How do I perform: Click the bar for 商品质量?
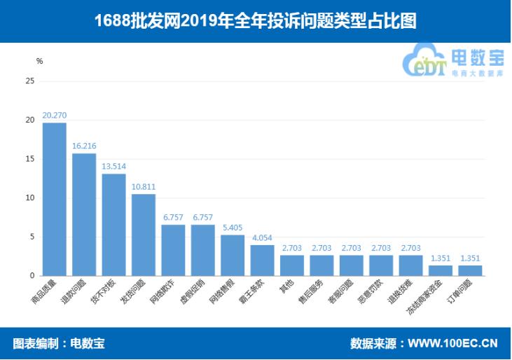tap(55, 199)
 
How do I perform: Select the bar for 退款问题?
tap(84, 214)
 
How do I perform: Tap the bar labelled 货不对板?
tap(113, 224)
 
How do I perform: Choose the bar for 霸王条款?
tap(262, 260)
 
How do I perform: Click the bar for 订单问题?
tap(470, 270)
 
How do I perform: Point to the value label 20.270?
tap(55, 115)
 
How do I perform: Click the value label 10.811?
tap(144, 188)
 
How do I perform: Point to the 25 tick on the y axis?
tap(29, 81)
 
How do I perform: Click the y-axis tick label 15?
tap(29, 159)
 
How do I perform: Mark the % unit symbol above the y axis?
tap(39, 62)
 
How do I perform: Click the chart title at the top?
tap(256, 21)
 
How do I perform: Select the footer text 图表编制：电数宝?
tap(59, 344)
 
